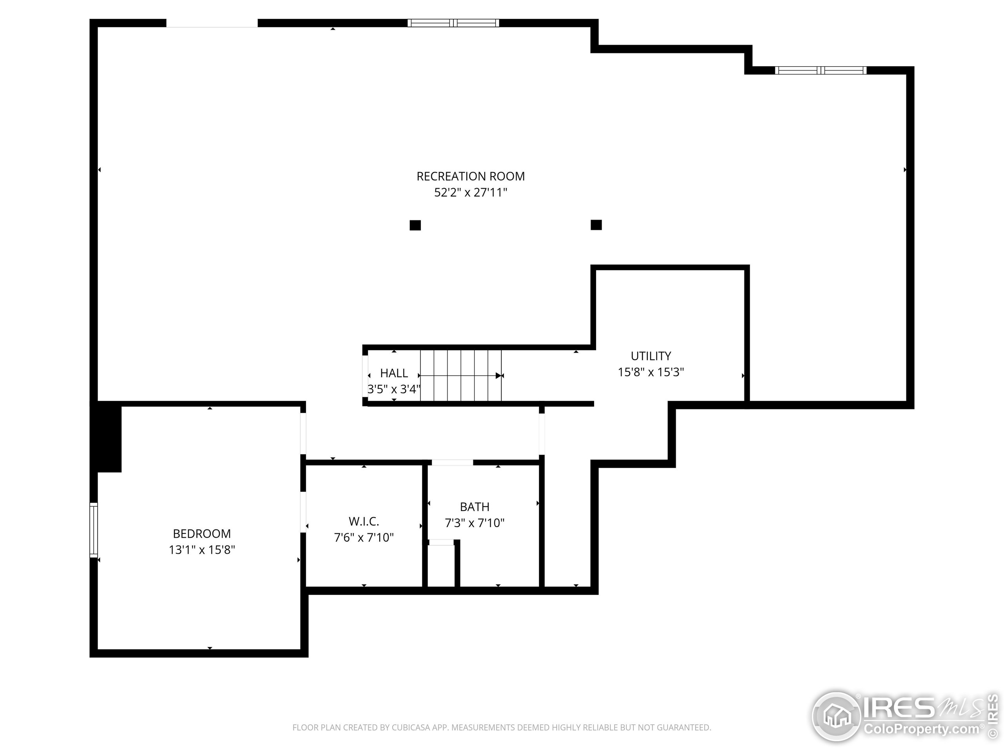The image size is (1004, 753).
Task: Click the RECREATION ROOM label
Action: (471, 176)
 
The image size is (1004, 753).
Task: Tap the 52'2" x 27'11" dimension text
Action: (471, 193)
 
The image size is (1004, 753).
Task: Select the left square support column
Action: (415, 225)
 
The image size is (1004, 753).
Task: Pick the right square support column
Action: (597, 225)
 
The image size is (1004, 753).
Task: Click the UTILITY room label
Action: (651, 356)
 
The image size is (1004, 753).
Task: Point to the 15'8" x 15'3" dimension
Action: (651, 372)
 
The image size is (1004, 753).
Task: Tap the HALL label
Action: (394, 373)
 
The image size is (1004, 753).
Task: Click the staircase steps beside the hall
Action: (461, 375)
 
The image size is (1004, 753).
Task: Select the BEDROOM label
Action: (202, 533)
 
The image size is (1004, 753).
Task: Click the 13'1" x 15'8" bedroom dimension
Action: (202, 550)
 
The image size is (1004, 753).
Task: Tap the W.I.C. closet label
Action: (364, 521)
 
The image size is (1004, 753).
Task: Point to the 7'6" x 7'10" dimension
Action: (364, 537)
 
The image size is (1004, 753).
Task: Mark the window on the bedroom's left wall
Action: (93, 530)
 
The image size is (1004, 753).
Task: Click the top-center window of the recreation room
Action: (453, 23)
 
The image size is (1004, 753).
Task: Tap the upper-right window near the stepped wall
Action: (820, 70)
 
